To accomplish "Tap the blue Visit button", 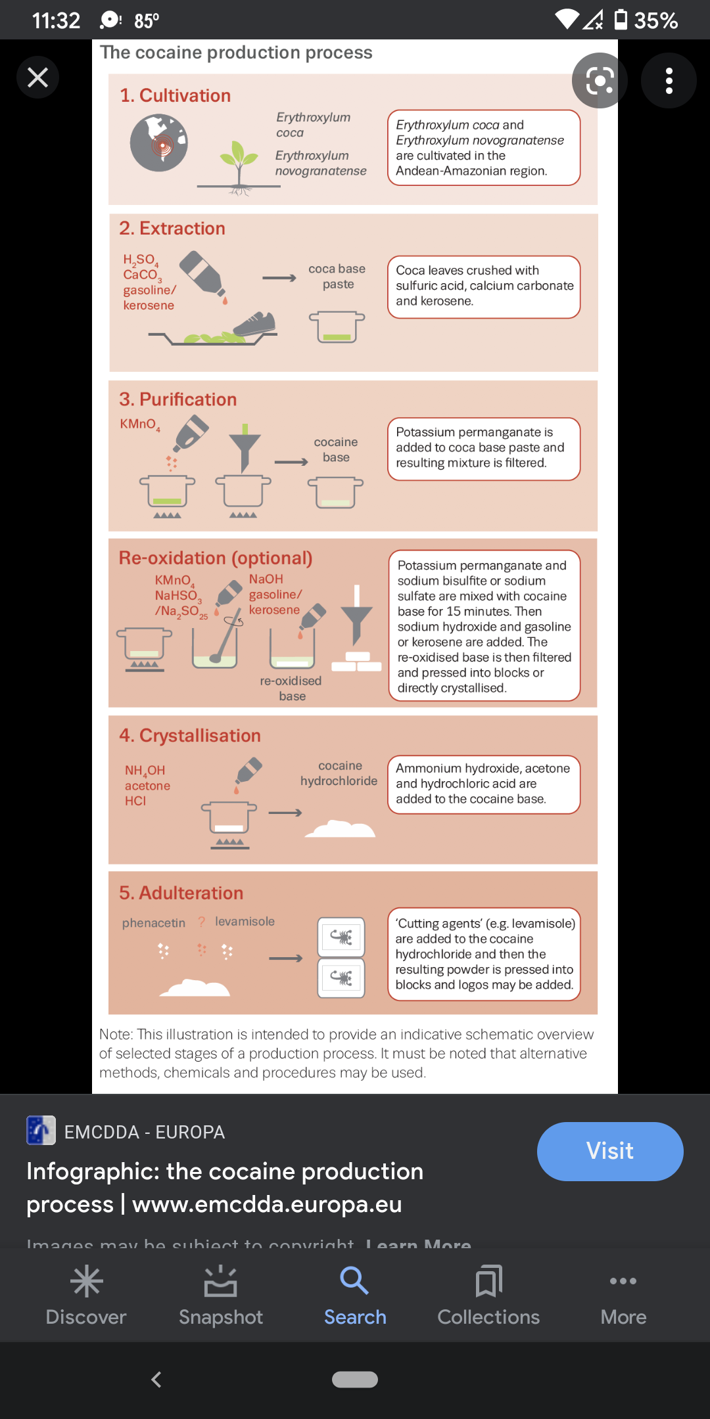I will pyautogui.click(x=609, y=1151).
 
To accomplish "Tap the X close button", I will pyautogui.click(x=37, y=78).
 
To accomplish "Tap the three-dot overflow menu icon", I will pyautogui.click(x=669, y=81).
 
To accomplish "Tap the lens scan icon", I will pyautogui.click(x=599, y=81).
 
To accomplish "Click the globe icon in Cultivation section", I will pyautogui.click(x=158, y=143).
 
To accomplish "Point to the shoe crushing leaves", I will pyautogui.click(x=254, y=324).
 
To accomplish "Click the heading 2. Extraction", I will pyautogui.click(x=172, y=229).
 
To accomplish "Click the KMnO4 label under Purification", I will pyautogui.click(x=139, y=424).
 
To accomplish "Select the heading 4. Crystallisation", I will pyautogui.click(x=190, y=736).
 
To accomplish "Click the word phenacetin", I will pyautogui.click(x=154, y=923).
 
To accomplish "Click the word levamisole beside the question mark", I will pyautogui.click(x=245, y=922).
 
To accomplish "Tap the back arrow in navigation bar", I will pyautogui.click(x=156, y=1380).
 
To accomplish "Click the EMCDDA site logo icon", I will pyautogui.click(x=41, y=1131).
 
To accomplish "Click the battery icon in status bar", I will pyautogui.click(x=620, y=20).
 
